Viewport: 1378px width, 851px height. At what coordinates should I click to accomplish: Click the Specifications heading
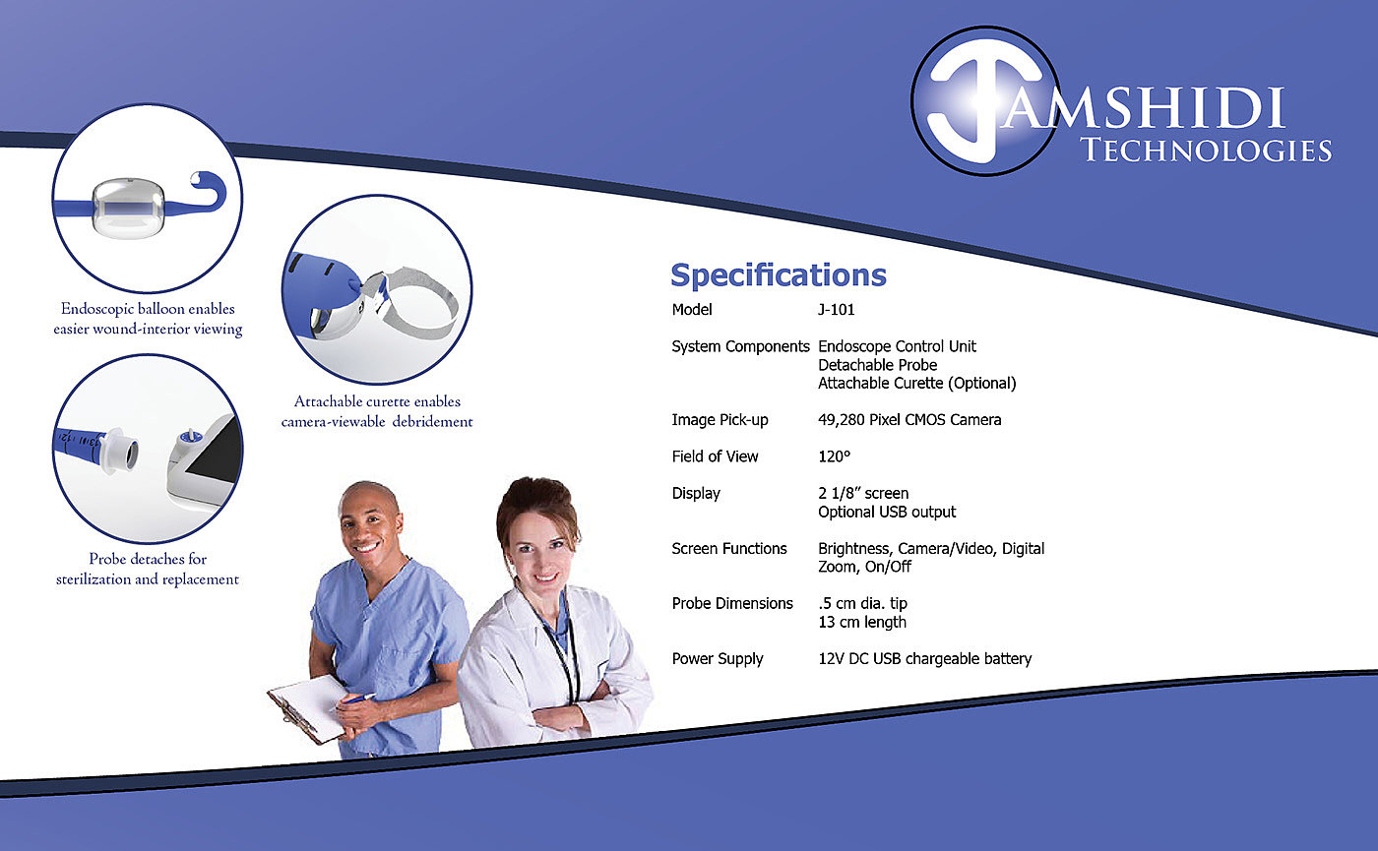779,274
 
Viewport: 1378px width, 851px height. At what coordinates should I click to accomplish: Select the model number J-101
836,309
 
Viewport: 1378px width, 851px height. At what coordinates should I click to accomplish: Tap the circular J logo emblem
985,100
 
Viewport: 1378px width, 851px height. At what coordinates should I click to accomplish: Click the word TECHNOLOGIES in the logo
1206,151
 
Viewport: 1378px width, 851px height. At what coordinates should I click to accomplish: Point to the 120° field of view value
835,456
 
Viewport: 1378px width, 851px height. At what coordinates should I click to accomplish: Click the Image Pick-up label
720,420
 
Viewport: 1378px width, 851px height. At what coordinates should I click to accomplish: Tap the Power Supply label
718,659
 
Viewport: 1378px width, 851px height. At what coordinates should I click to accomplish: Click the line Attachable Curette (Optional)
916,383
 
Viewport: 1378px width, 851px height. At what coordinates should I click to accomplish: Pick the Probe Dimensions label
732,603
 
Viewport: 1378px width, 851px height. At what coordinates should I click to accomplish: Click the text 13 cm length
862,622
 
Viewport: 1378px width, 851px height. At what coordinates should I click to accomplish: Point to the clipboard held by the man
308,708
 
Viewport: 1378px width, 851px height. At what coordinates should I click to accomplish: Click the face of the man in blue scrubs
368,526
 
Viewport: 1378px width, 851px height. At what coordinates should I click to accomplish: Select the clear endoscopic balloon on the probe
128,208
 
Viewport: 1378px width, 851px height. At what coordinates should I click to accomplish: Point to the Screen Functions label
729,549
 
